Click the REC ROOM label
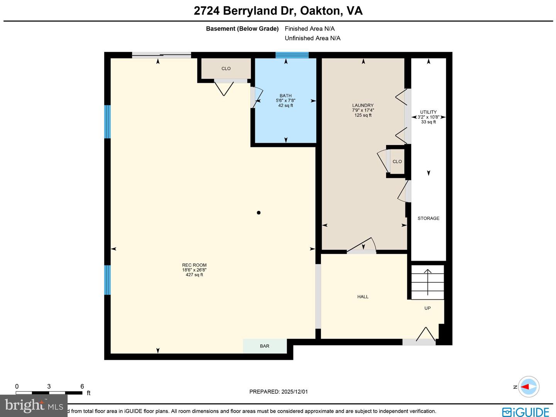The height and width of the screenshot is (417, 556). pyautogui.click(x=194, y=265)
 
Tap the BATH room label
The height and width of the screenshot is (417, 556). pyautogui.click(x=286, y=96)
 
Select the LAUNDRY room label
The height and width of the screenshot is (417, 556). pyautogui.click(x=363, y=105)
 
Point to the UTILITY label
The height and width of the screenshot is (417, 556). pyautogui.click(x=428, y=112)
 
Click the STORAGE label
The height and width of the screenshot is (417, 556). pyautogui.click(x=428, y=218)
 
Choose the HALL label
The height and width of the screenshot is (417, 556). pyautogui.click(x=363, y=297)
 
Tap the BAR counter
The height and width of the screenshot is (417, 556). pyautogui.click(x=265, y=346)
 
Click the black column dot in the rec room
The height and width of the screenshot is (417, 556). pyautogui.click(x=259, y=212)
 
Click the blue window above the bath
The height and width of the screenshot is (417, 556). pyautogui.click(x=292, y=55)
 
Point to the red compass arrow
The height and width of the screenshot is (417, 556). pyautogui.click(x=526, y=386)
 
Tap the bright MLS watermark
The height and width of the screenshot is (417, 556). pyautogui.click(x=34, y=405)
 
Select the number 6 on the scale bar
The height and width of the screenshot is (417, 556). pyautogui.click(x=82, y=386)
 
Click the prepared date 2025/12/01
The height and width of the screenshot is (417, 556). pyautogui.click(x=294, y=391)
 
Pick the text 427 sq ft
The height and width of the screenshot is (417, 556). pyautogui.click(x=194, y=275)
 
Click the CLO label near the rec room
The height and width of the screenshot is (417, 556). pyautogui.click(x=226, y=68)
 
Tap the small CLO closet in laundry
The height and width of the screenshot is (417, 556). pyautogui.click(x=397, y=161)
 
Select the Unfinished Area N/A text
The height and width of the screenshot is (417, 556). pyautogui.click(x=312, y=38)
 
